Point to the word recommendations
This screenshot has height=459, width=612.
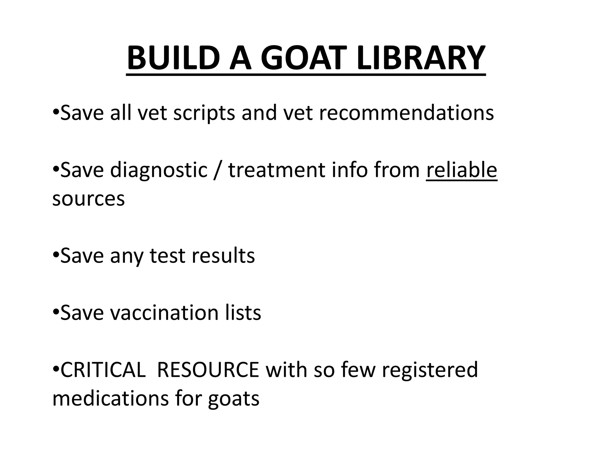point(406,113)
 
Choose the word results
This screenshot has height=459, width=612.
point(223,256)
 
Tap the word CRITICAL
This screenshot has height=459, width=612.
point(103,370)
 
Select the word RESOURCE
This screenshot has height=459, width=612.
point(208,370)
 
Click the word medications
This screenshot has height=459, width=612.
point(111,398)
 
